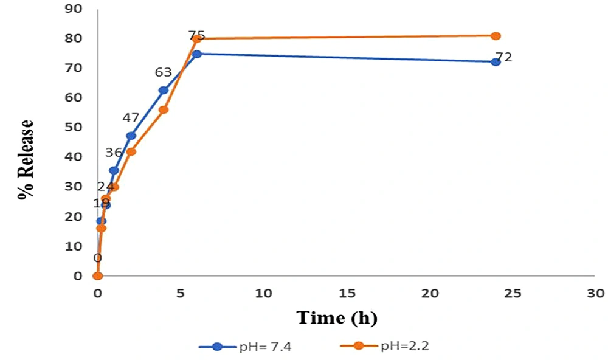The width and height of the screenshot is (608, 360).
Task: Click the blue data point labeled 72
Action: click(496, 62)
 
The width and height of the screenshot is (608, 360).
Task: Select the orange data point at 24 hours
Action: click(496, 36)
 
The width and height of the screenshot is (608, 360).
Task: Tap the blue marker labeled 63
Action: click(164, 90)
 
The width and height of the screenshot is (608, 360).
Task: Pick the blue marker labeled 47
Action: click(131, 136)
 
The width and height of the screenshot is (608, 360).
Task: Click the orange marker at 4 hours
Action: click(164, 109)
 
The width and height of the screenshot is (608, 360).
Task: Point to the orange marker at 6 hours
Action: click(197, 39)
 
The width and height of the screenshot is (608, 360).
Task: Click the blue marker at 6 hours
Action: click(197, 54)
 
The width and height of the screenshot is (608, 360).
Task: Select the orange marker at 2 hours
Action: click(131, 151)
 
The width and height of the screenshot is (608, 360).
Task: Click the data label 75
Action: click(196, 36)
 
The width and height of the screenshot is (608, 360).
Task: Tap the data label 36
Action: click(114, 153)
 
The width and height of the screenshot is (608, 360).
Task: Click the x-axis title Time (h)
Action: click(337, 317)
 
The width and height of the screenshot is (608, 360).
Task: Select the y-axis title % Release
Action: click(26, 160)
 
